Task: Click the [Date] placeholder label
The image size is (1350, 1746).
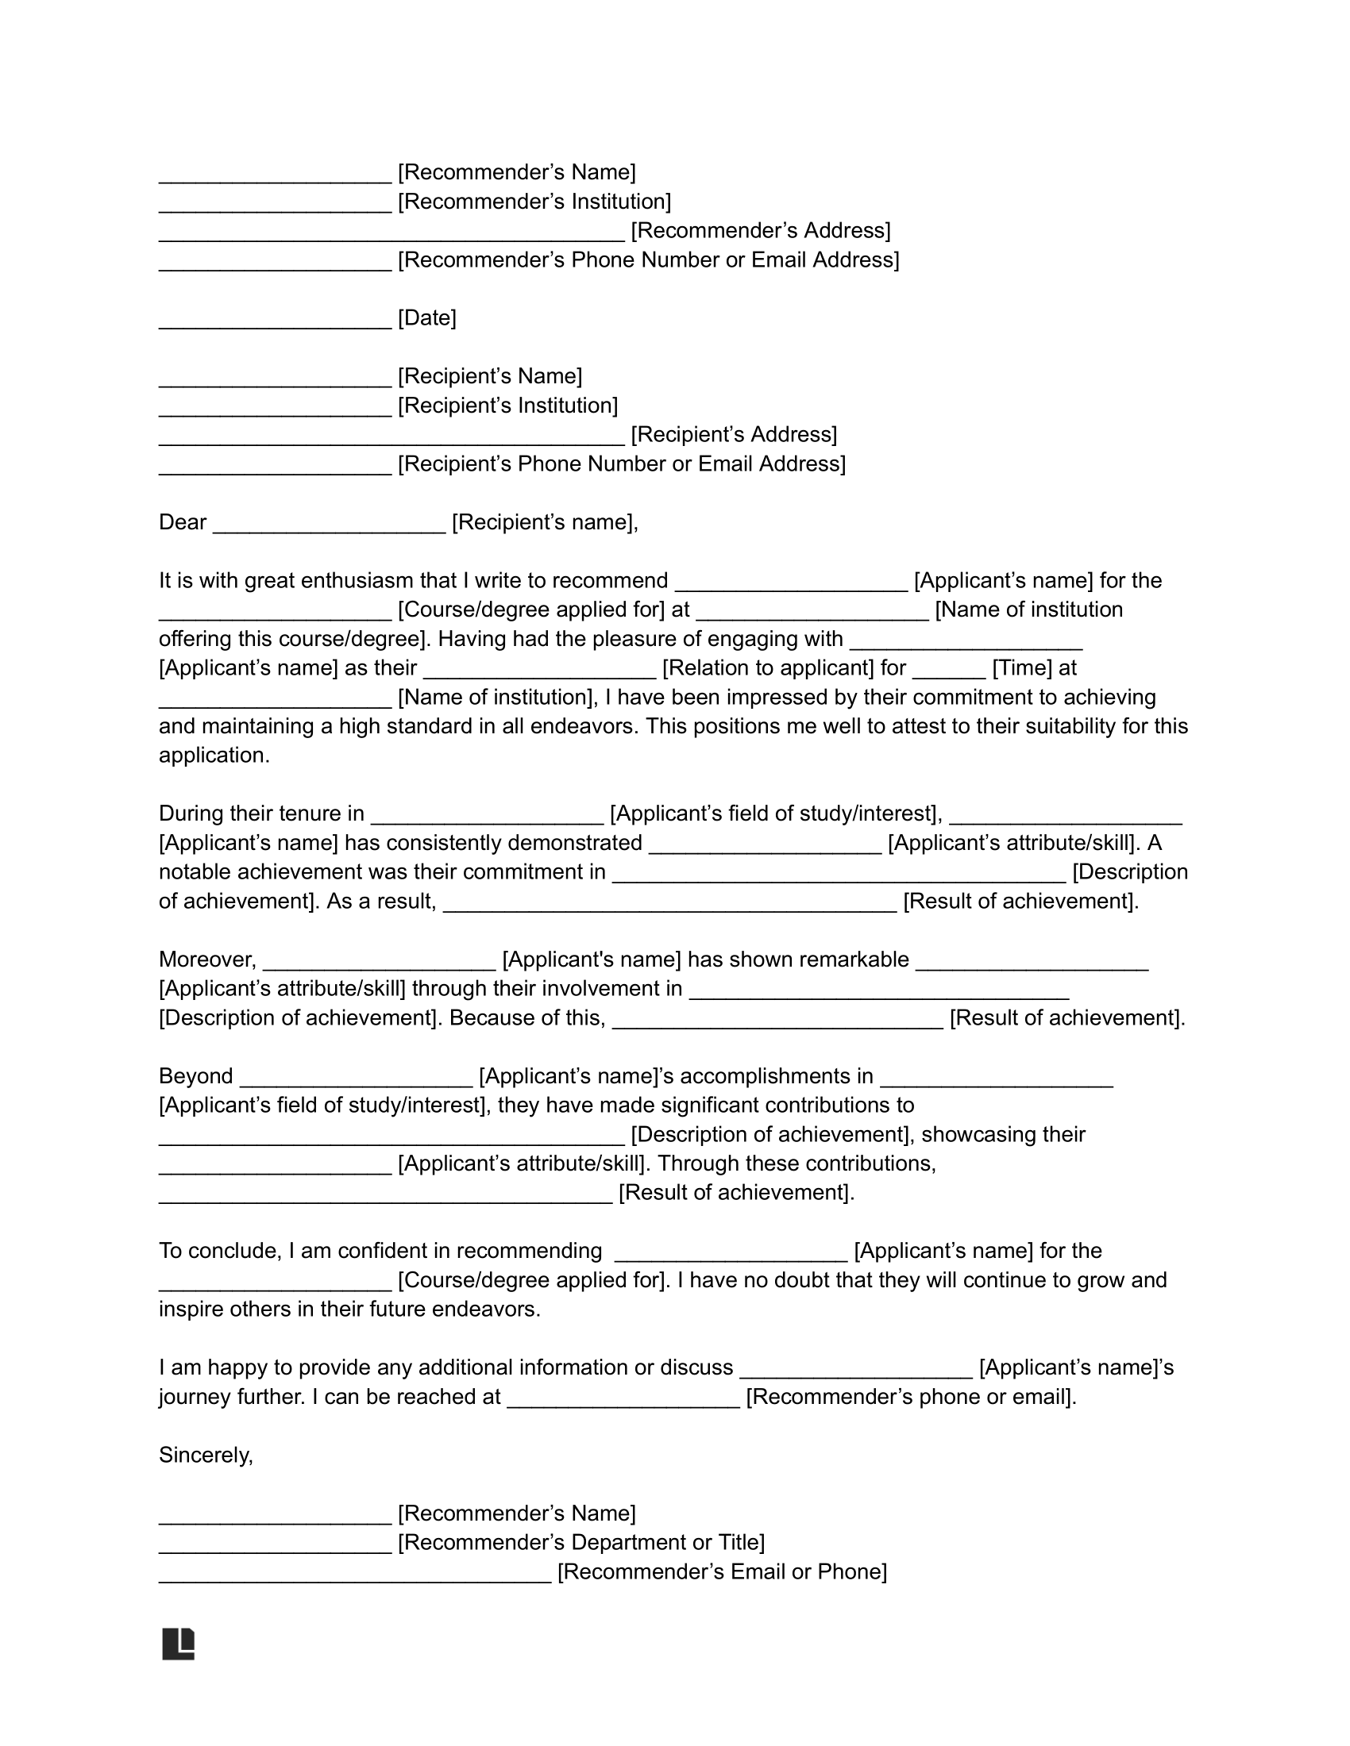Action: (x=427, y=318)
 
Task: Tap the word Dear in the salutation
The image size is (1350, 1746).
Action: (x=183, y=522)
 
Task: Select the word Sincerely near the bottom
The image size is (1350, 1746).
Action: (x=206, y=1455)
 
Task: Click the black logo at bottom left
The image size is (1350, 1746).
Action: (x=179, y=1644)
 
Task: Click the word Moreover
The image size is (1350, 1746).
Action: (x=207, y=960)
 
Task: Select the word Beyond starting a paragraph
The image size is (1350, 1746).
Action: (x=196, y=1076)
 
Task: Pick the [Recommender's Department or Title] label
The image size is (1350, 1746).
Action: (x=581, y=1542)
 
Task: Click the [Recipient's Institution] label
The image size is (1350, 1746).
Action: (x=508, y=406)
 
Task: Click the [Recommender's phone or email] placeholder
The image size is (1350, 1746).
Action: (x=910, y=1397)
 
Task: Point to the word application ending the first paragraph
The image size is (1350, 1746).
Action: (x=213, y=756)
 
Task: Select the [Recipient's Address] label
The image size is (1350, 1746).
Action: (x=735, y=434)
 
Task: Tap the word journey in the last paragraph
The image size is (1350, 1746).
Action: (x=196, y=1397)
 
